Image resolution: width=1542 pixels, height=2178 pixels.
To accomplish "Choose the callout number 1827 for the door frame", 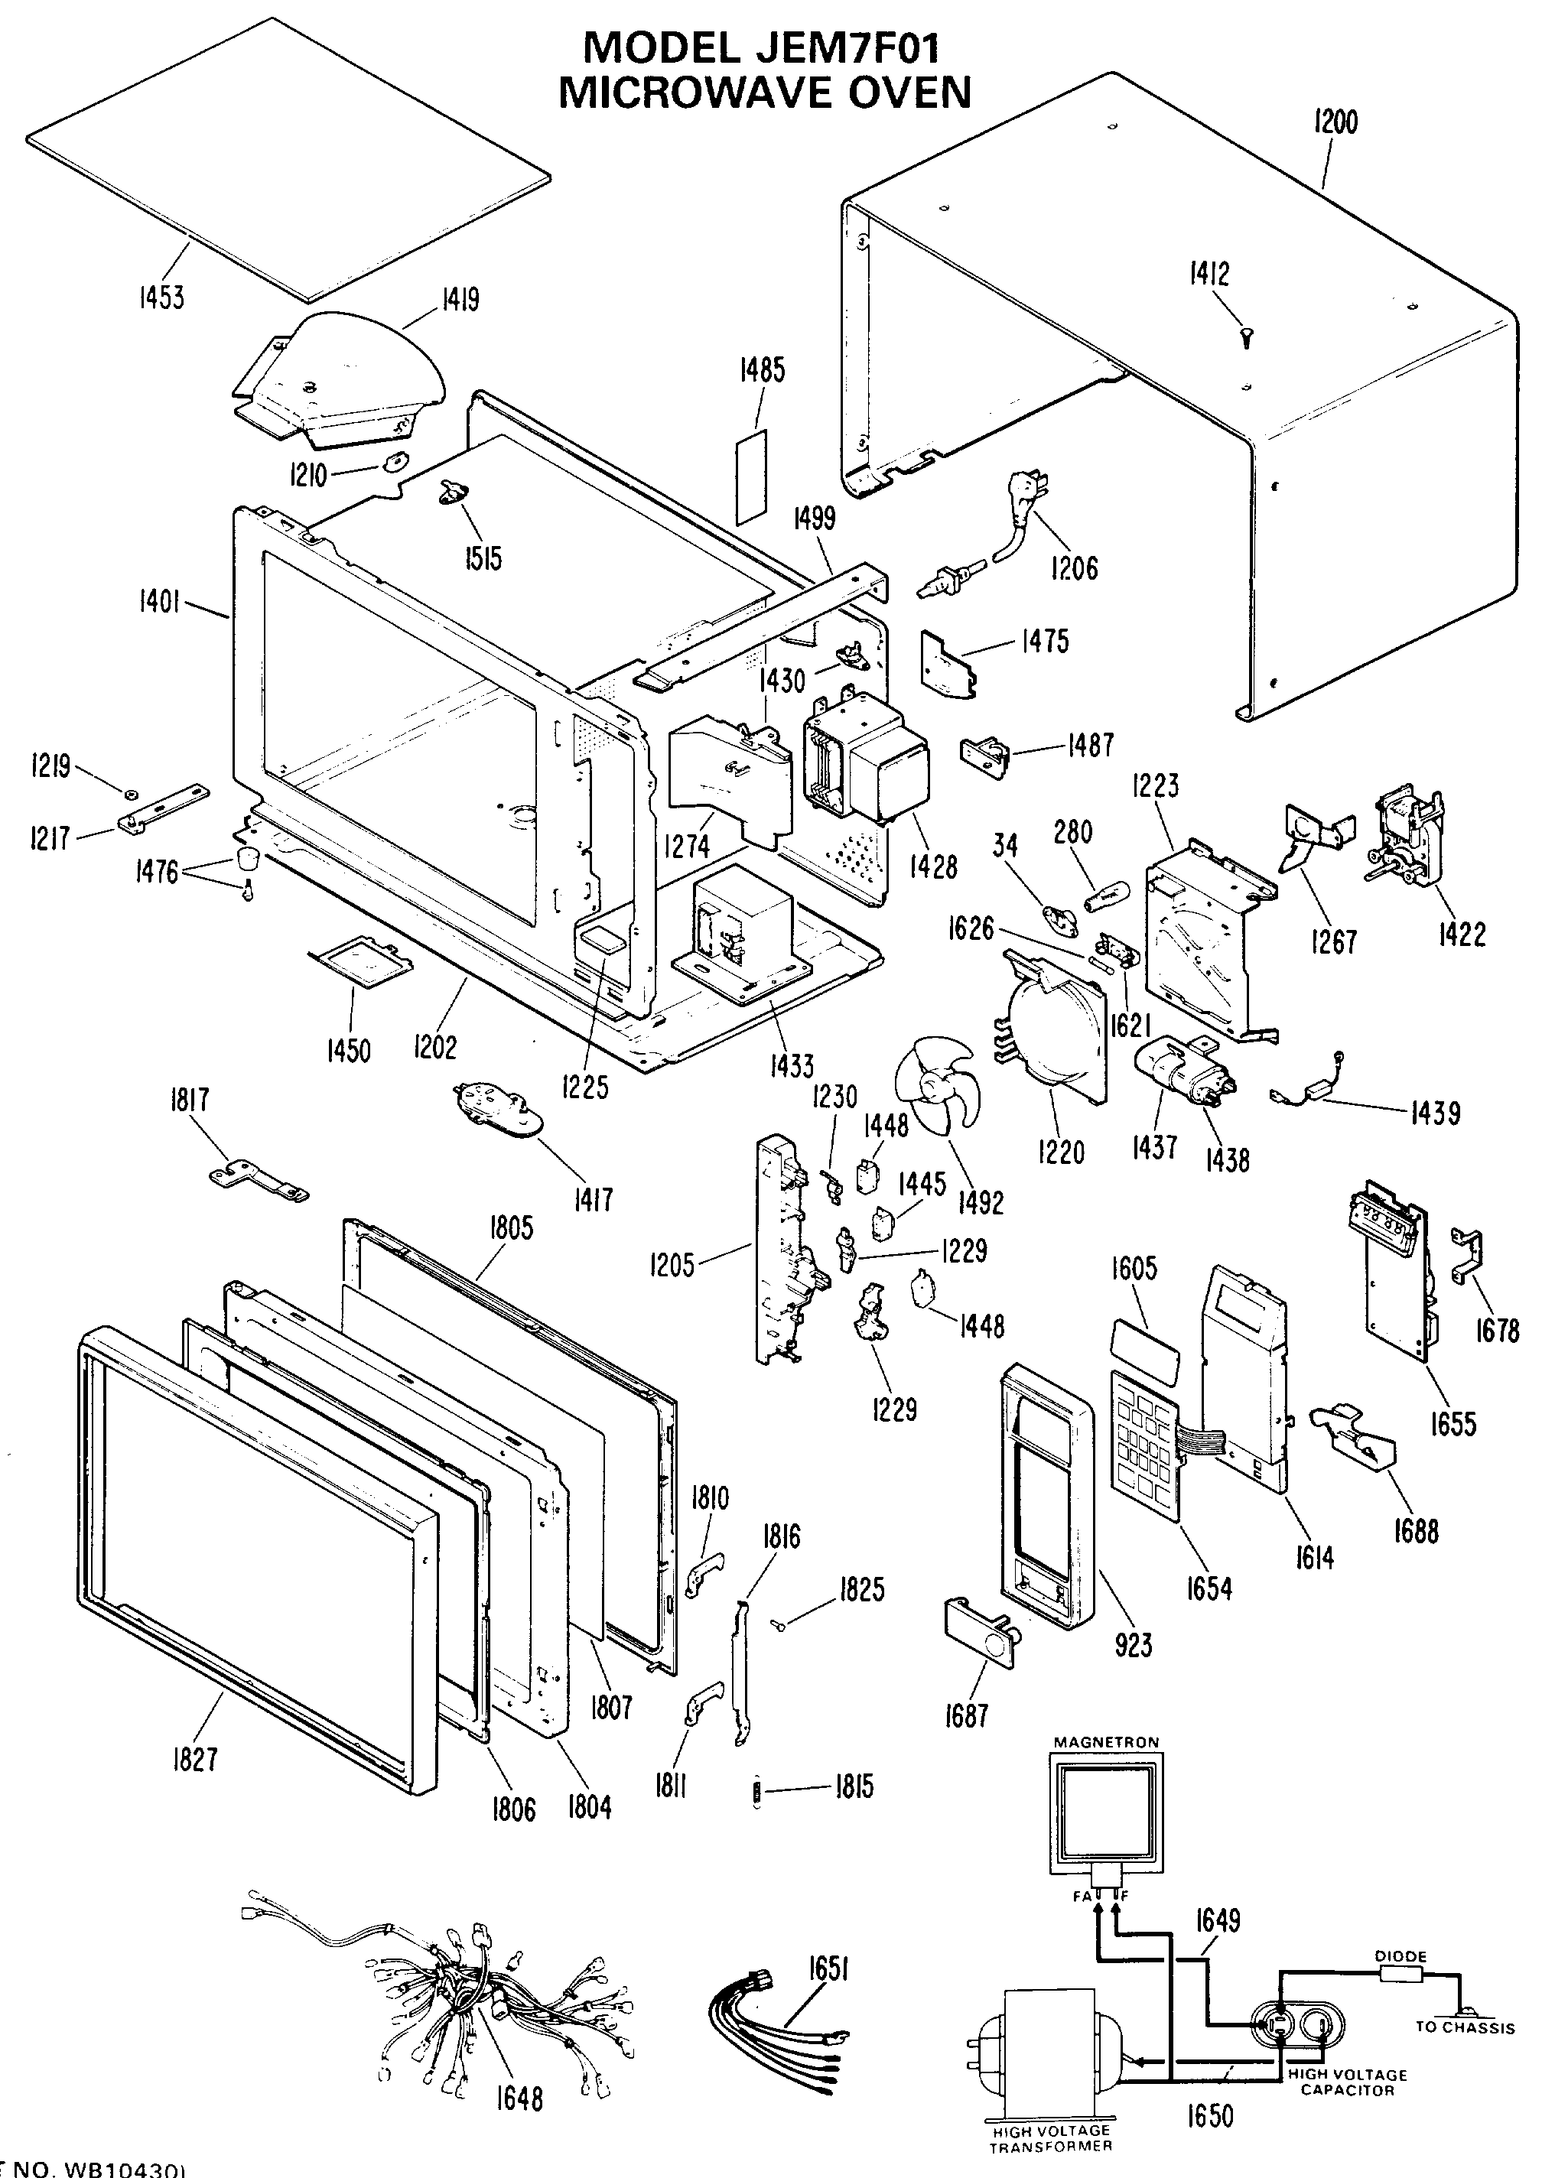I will (x=194, y=1758).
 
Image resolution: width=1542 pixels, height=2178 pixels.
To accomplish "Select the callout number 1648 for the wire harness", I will (x=519, y=2097).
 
